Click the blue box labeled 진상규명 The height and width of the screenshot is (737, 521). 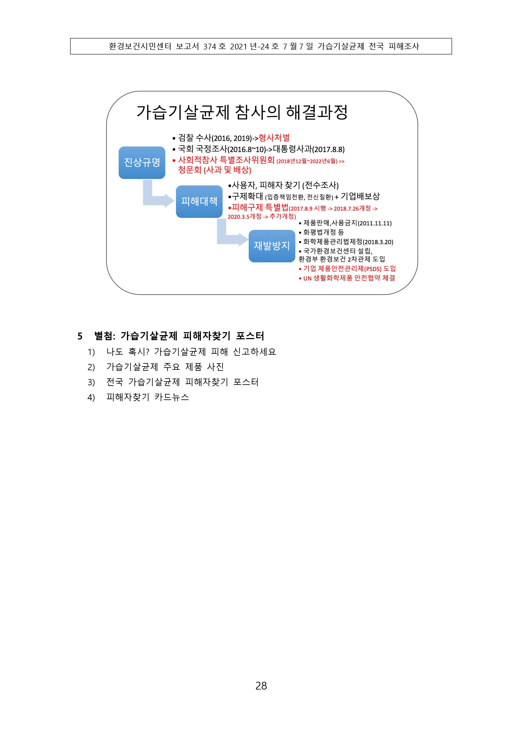tap(142, 163)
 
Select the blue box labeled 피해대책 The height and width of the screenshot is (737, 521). tap(199, 202)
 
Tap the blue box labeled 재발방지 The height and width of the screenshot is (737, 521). tap(272, 246)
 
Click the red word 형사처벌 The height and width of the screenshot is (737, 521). tap(274, 138)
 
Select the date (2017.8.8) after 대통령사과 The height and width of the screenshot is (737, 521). tap(328, 149)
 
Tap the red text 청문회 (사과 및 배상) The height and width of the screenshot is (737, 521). tap(215, 170)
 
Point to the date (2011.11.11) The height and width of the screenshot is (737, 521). tap(375, 223)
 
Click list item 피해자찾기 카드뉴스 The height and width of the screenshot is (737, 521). tap(148, 397)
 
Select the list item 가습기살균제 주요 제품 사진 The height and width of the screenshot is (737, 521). tap(165, 367)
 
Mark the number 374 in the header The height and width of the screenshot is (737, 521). tap(210, 47)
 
